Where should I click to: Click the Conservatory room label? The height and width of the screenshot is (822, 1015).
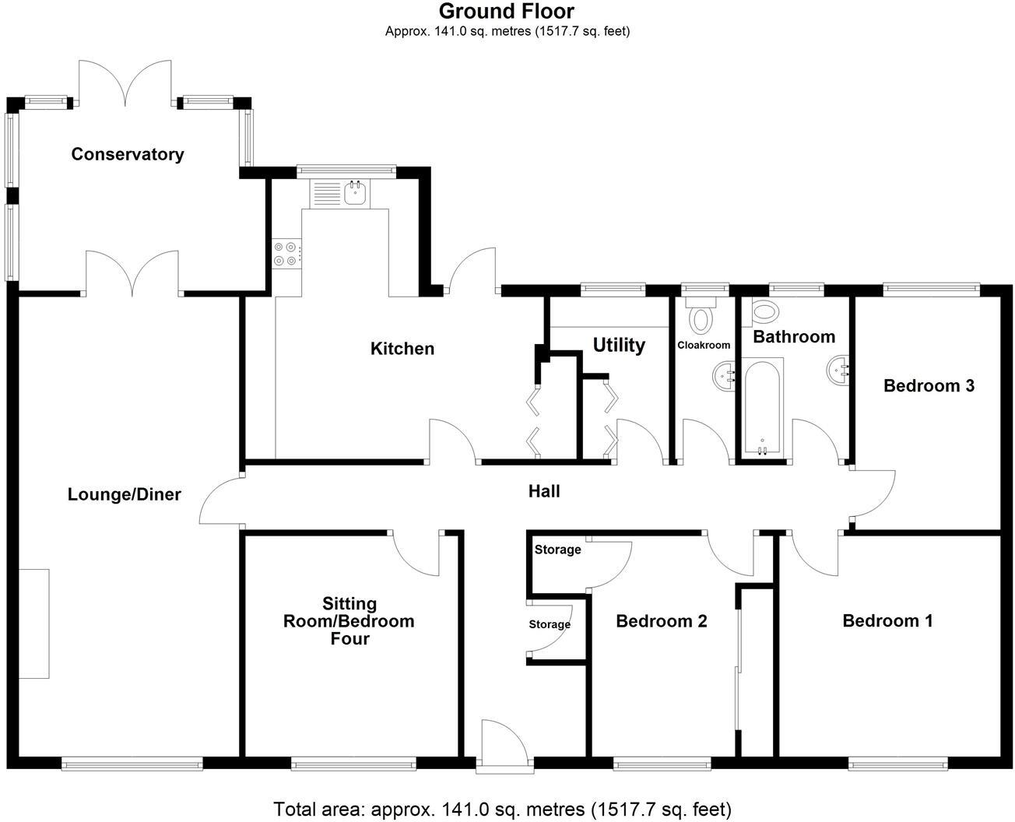click(128, 154)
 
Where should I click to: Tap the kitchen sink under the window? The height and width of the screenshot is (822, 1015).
click(356, 191)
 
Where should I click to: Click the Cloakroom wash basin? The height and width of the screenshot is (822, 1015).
click(724, 378)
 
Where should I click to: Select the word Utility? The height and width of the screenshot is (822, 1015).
click(619, 345)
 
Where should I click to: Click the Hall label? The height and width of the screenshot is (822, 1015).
click(544, 491)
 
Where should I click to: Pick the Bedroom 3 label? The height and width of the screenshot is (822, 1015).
click(929, 385)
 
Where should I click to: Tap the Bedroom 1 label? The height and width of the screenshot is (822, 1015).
click(887, 620)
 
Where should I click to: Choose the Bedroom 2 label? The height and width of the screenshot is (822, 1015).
click(661, 621)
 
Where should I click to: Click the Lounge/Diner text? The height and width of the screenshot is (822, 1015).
click(125, 494)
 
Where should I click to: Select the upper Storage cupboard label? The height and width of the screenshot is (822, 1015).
click(557, 550)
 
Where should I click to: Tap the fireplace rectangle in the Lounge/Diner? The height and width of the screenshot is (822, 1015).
click(34, 624)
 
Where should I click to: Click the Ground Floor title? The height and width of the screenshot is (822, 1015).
click(507, 12)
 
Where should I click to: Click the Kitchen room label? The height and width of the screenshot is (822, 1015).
click(402, 349)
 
